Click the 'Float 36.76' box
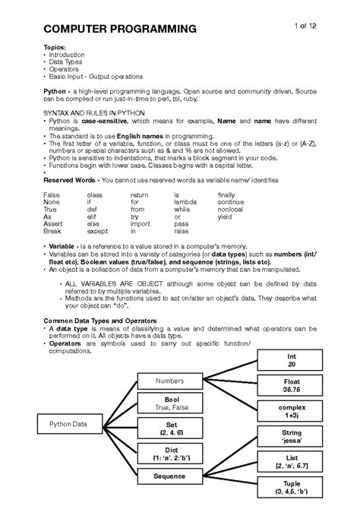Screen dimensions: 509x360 pos(291,386)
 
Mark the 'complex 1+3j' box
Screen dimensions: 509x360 pos(291,412)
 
